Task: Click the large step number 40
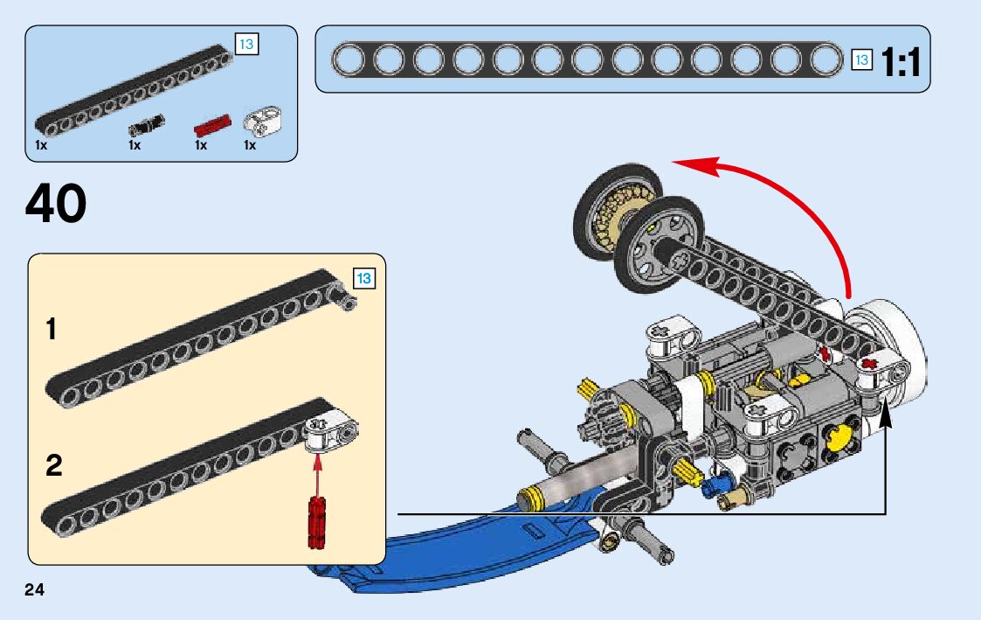click(x=56, y=204)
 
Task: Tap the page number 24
click(x=34, y=589)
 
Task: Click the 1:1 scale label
click(x=901, y=63)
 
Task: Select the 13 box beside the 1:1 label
click(x=861, y=60)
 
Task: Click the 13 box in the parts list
click(x=246, y=44)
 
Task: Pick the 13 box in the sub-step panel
click(x=364, y=278)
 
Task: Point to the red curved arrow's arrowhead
click(x=694, y=166)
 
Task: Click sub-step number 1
click(x=52, y=329)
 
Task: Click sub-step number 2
click(x=54, y=465)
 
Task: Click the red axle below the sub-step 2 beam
click(x=316, y=522)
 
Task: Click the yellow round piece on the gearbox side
click(x=841, y=437)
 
